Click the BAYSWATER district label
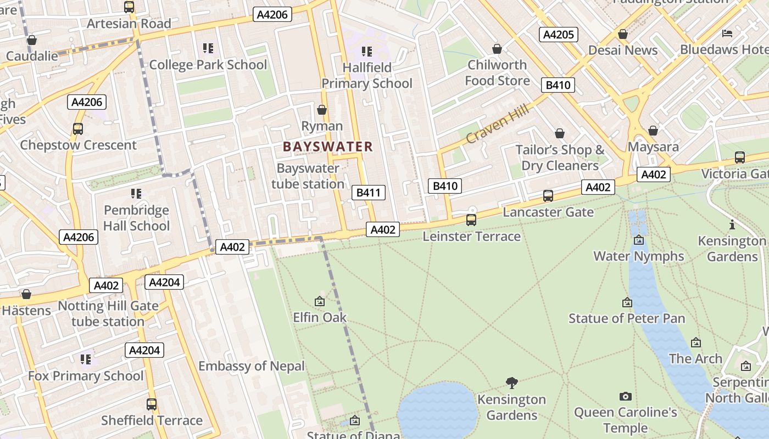[328, 147]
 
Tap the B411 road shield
[368, 193]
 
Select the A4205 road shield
[558, 35]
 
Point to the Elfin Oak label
[320, 317]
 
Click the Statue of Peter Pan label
[627, 318]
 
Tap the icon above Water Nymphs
[638, 240]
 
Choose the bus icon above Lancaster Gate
[548, 196]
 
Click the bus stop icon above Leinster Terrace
[471, 220]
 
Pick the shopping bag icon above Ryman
[322, 110]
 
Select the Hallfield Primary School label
[367, 76]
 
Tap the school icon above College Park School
[208, 48]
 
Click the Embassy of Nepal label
[251, 366]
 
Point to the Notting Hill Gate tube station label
[108, 314]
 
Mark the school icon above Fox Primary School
[86, 359]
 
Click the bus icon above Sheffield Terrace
[152, 404]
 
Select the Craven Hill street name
[498, 124]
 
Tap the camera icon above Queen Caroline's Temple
[625, 396]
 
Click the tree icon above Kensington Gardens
[512, 382]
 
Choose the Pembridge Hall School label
[136, 218]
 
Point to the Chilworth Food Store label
[497, 72]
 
